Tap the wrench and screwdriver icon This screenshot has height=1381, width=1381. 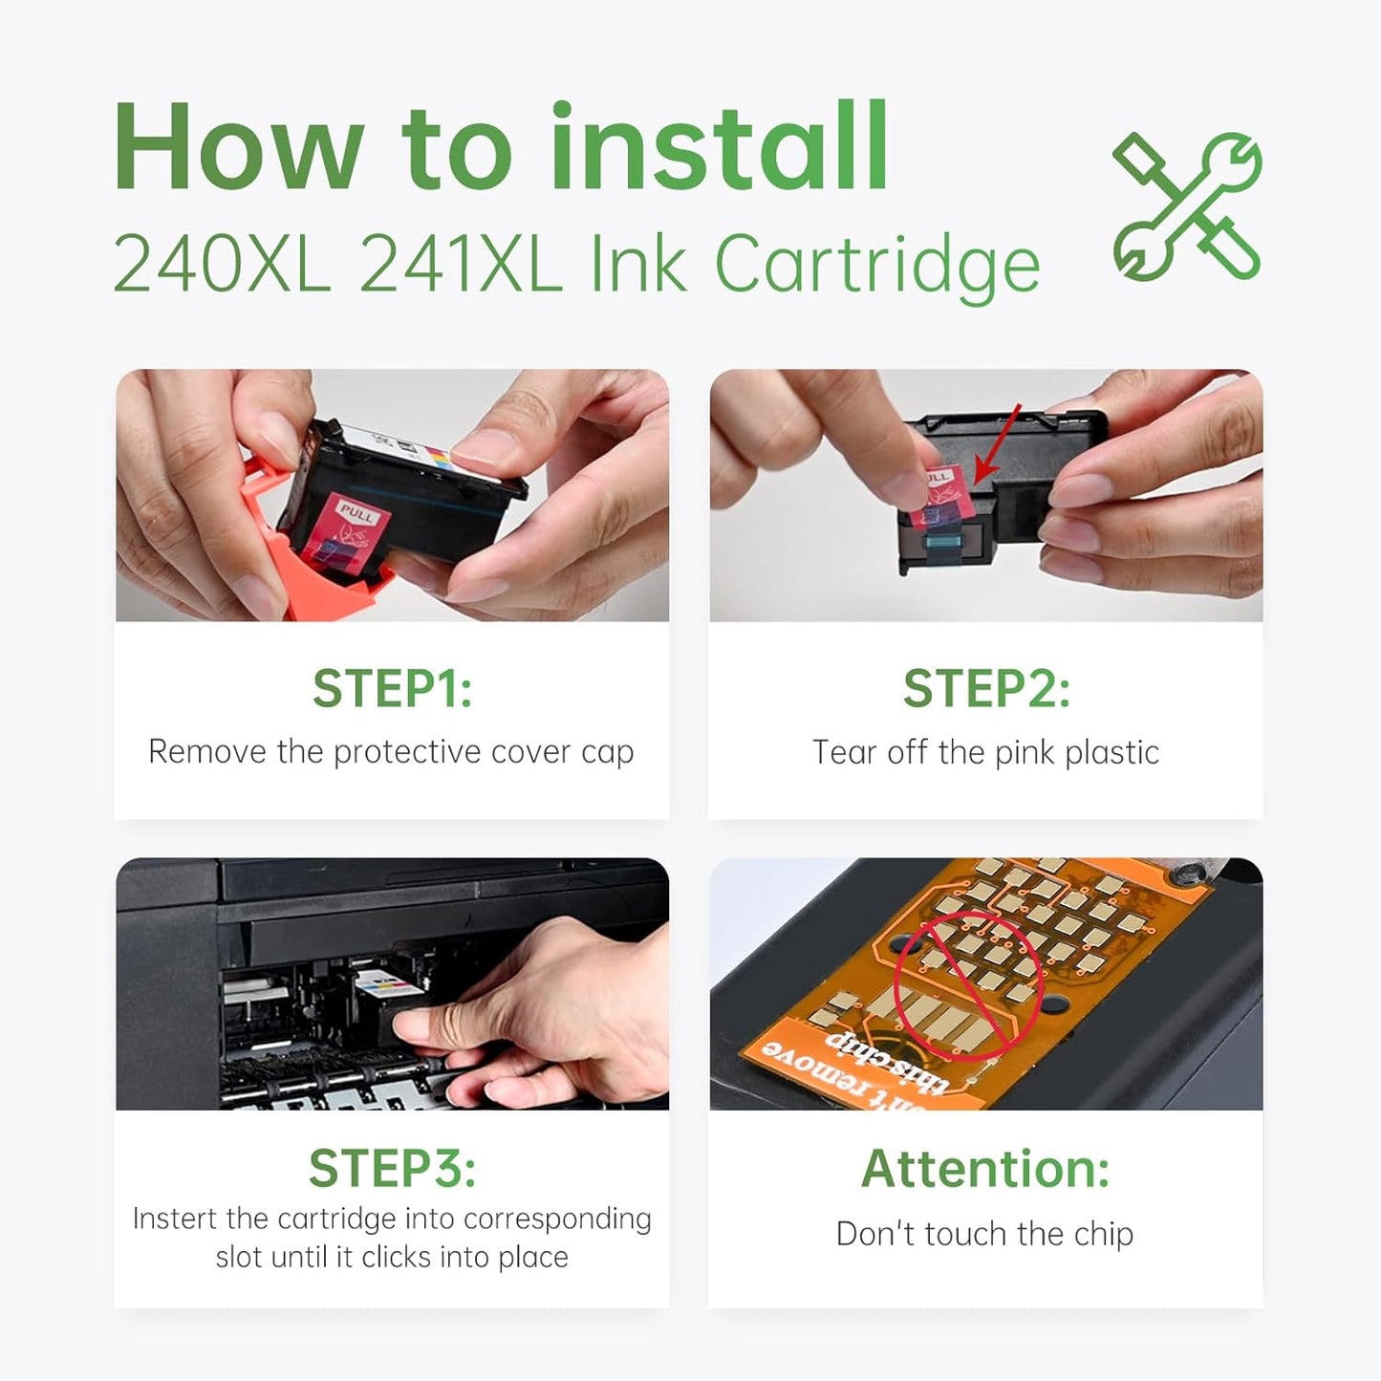coord(1187,206)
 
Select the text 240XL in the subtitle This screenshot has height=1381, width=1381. coord(222,264)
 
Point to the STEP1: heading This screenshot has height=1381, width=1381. coord(392,688)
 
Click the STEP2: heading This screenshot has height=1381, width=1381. coord(985,688)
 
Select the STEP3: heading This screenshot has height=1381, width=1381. coord(392,1168)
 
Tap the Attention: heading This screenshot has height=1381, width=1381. coord(985,1168)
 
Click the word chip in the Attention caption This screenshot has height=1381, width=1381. coord(1104,1234)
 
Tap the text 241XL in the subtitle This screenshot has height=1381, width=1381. coord(461,264)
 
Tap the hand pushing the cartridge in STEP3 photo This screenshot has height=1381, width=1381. coord(535,1013)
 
